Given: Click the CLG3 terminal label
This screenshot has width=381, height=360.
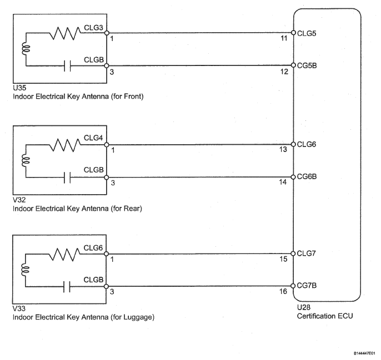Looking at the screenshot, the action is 93,28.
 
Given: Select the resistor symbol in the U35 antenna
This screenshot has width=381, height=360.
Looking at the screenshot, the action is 65,33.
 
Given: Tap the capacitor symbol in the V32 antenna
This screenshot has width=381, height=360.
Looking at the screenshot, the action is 67,178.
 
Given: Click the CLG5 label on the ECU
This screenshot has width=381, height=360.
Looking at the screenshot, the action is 307,33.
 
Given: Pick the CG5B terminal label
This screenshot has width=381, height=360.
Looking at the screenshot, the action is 307,66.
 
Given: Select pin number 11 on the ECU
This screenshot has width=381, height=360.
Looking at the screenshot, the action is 284,38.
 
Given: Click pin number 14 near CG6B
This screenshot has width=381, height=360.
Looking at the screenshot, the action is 283,182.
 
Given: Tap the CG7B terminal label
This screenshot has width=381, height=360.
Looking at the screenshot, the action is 307,286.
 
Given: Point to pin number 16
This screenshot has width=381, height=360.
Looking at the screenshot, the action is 283,291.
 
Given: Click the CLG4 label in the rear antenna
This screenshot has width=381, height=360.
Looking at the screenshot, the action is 93,138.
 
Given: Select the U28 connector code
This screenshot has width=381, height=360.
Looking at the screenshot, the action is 304,307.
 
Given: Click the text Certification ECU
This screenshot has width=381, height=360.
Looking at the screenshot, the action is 325,316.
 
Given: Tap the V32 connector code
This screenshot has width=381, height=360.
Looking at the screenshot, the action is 19,200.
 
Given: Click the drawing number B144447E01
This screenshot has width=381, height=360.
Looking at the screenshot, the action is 366,353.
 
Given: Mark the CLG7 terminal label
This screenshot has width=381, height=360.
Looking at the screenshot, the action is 307,253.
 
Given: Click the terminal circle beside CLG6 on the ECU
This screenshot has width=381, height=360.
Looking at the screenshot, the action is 293,144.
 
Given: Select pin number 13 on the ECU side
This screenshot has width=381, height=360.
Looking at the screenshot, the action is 283,150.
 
